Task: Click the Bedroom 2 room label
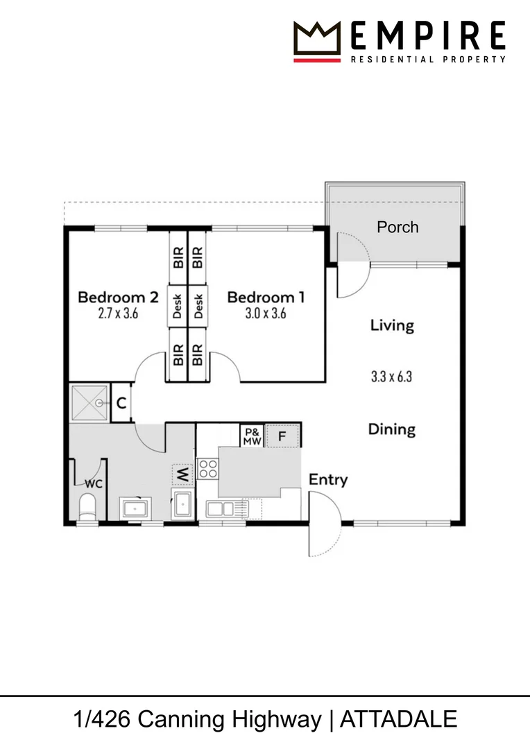click(x=118, y=298)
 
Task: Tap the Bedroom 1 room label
click(x=266, y=298)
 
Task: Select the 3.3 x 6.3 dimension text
click(x=392, y=377)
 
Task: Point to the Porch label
click(x=397, y=227)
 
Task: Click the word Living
click(x=392, y=325)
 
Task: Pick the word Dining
click(x=391, y=429)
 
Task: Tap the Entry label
click(x=328, y=479)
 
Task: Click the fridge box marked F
click(x=282, y=436)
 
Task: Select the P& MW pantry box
click(x=251, y=436)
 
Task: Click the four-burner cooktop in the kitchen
click(x=207, y=470)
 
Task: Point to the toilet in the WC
click(x=88, y=508)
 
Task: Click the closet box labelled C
click(x=121, y=402)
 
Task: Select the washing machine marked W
click(x=182, y=475)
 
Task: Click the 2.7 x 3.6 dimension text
click(x=118, y=313)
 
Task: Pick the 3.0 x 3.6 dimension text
click(x=266, y=313)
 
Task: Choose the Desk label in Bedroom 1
click(x=198, y=306)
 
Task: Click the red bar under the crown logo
click(x=317, y=60)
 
